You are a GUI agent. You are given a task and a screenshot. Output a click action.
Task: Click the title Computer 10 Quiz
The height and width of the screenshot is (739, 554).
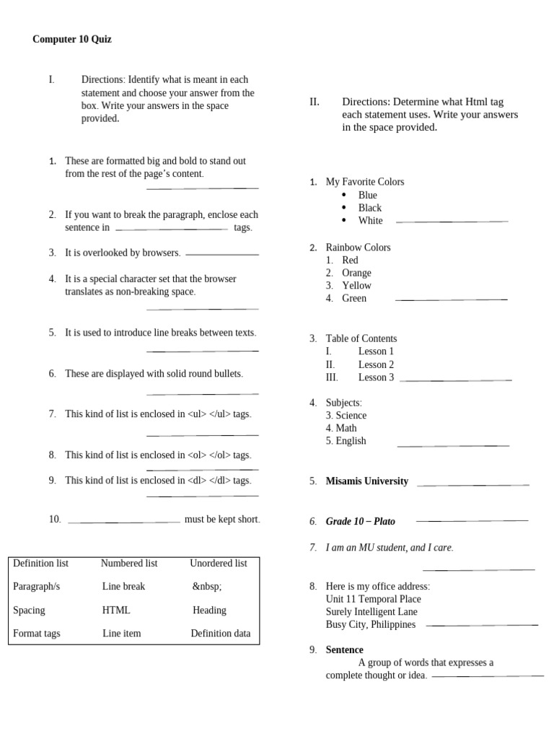point(72,40)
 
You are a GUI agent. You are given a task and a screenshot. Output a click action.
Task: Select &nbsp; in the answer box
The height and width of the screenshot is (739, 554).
point(207,587)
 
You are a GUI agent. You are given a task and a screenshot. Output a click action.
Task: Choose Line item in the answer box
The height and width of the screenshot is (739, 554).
point(121,633)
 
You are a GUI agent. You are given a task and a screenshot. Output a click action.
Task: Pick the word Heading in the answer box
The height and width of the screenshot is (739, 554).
point(209,610)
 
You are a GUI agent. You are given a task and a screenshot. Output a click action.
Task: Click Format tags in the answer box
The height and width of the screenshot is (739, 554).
point(37,633)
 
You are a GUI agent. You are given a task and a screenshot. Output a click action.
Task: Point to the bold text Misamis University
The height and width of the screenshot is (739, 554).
point(366,481)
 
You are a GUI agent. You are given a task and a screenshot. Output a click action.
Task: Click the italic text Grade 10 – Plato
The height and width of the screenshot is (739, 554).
point(360,521)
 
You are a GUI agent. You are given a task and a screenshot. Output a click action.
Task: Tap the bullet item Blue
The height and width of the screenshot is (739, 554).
point(367,195)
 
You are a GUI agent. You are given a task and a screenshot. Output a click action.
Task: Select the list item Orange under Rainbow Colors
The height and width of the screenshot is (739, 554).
point(356,273)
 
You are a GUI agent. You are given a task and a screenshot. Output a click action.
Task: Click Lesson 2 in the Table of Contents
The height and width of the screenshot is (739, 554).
point(376,364)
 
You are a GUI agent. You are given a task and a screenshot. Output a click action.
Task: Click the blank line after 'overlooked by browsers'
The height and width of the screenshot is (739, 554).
point(222,255)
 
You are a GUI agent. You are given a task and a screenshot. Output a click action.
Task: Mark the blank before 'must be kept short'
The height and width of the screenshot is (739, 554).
point(123,522)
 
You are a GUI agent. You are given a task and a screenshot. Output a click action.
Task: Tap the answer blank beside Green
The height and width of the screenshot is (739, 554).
point(451,299)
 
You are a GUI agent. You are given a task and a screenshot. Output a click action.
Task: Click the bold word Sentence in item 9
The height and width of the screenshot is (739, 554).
point(344,650)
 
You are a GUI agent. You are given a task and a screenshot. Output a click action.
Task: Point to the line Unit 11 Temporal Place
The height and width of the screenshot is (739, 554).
point(373,599)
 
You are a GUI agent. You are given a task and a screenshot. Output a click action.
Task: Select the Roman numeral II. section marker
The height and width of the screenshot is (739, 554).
point(315,102)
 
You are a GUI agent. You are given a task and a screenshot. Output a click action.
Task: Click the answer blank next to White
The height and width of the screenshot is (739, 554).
point(452,222)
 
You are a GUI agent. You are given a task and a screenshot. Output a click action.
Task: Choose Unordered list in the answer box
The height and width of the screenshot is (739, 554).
point(218,563)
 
